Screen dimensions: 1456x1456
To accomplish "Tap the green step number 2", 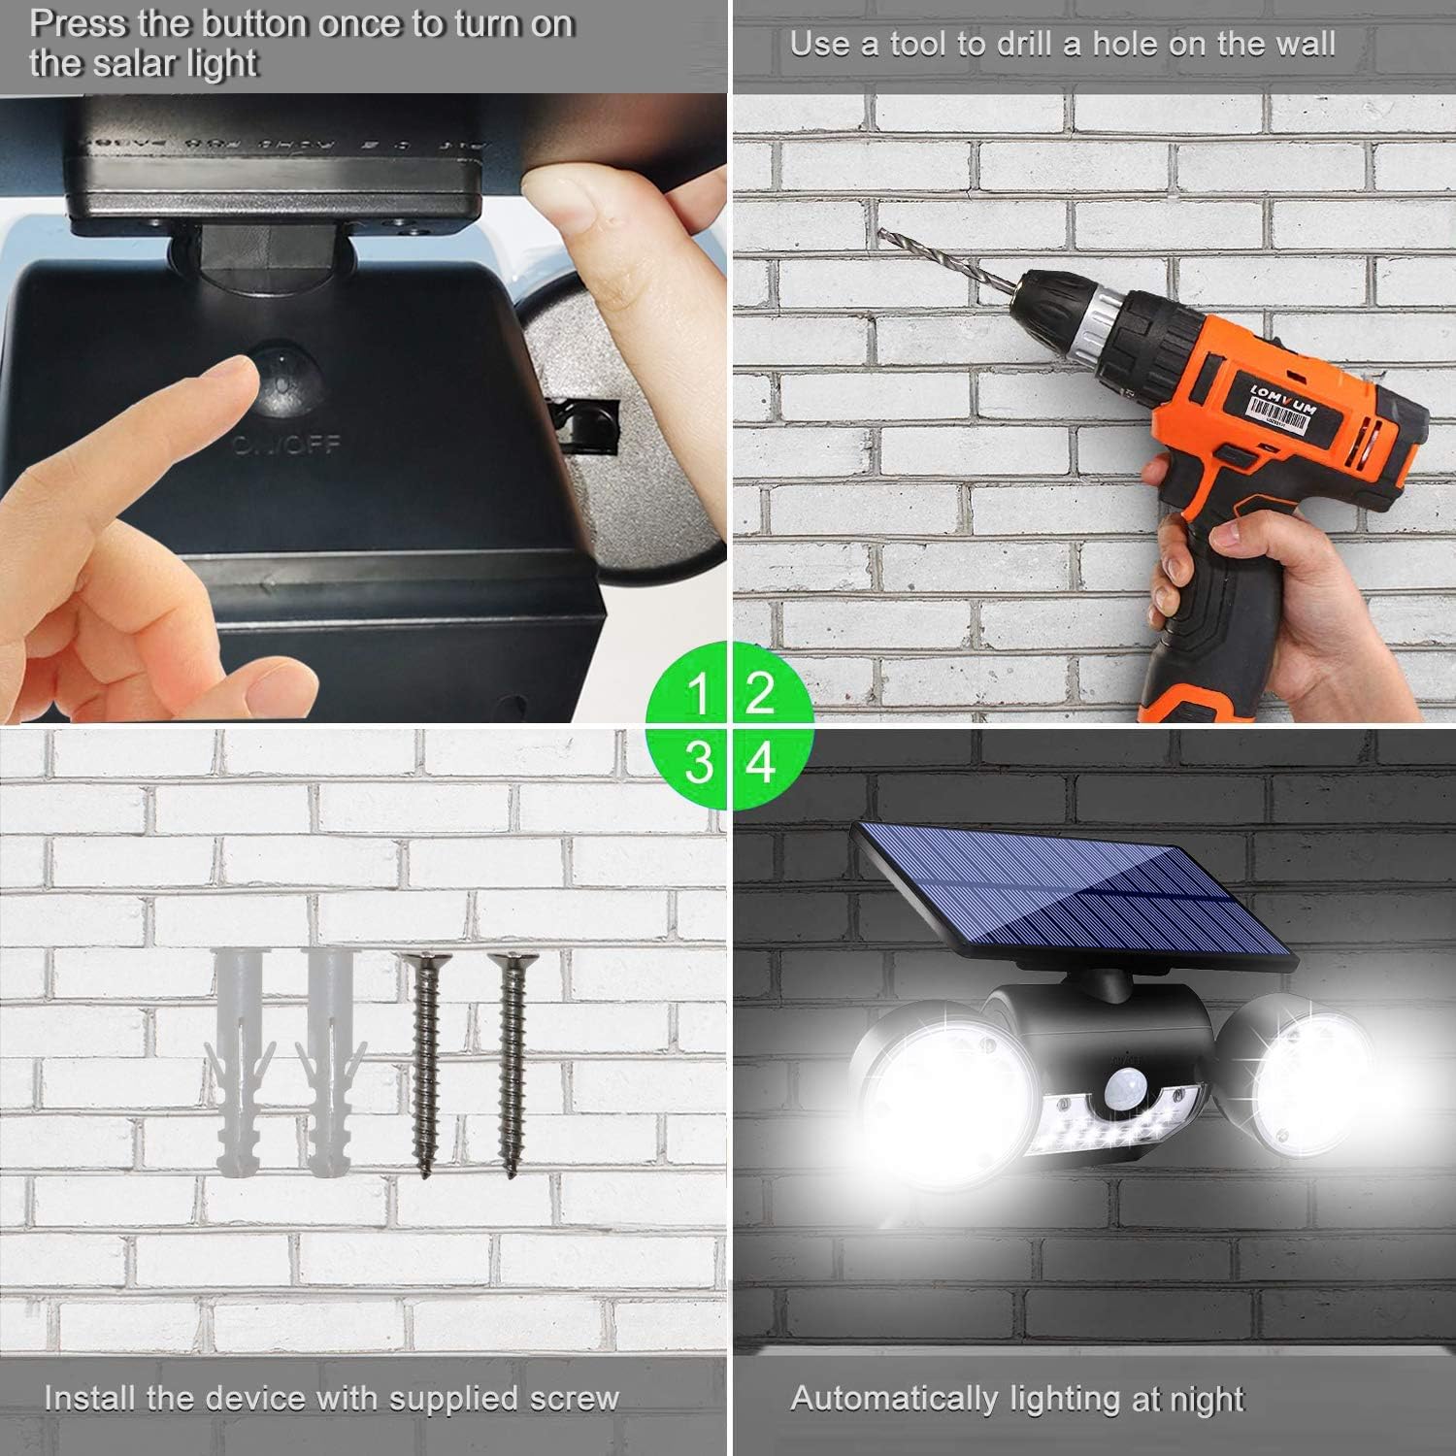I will coord(760,693).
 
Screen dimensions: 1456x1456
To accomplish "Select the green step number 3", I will coord(697,763).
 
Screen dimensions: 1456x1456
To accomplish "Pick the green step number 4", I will coord(760,763).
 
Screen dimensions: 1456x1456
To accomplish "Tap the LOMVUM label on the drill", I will coord(1283,398).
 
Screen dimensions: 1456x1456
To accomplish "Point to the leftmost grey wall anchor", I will coord(238,1063).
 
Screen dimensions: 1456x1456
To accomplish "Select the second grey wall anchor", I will coord(330,1063).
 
